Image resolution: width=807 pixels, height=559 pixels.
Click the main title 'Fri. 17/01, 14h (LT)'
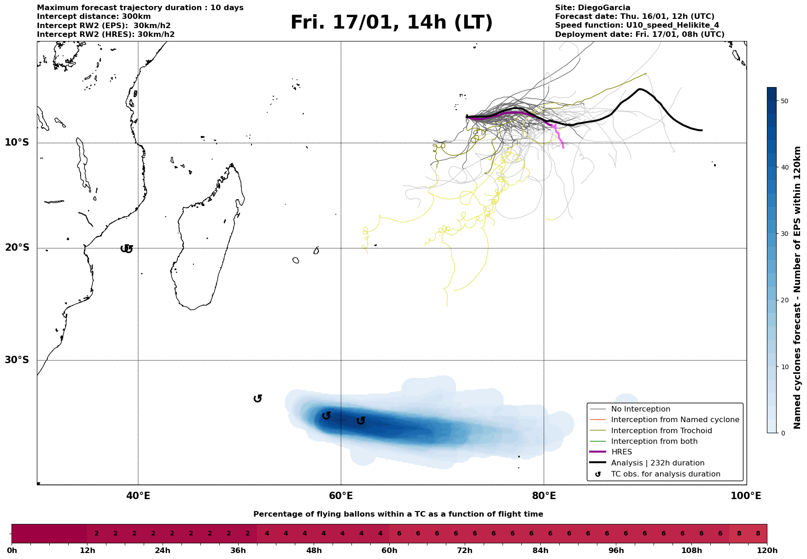tap(392, 23)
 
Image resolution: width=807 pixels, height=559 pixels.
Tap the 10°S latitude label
tap(17, 142)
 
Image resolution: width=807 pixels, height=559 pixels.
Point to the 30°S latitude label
tap(17, 360)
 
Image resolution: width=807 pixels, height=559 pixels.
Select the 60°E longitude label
tap(341, 496)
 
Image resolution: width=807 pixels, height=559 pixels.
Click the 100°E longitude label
tap(746, 496)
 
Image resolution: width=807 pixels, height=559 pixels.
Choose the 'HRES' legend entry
tap(621, 452)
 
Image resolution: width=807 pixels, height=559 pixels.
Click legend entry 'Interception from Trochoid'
tap(661, 431)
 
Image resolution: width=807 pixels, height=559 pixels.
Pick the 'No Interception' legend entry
tap(641, 409)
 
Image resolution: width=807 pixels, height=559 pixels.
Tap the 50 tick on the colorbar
tap(785, 101)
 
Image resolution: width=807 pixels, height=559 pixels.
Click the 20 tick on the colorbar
tap(785, 300)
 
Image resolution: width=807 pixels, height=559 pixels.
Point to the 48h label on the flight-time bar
tap(314, 551)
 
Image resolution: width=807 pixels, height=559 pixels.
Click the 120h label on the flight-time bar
tap(767, 551)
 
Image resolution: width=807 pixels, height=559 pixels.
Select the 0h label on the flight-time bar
tap(12, 551)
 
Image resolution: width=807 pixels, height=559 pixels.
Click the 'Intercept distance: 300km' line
tap(94, 17)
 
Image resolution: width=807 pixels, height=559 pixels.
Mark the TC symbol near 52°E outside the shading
tap(258, 398)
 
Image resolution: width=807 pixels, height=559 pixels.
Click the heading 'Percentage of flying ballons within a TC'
tap(398, 514)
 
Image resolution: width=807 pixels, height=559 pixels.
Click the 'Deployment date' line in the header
tap(639, 35)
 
